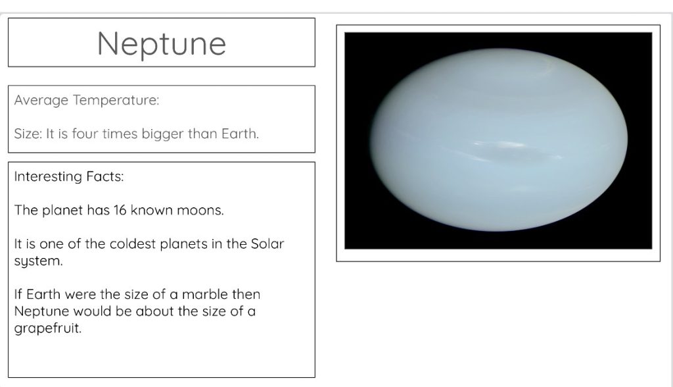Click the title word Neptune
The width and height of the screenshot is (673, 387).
pyautogui.click(x=162, y=44)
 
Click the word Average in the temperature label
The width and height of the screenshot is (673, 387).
pyautogui.click(x=41, y=101)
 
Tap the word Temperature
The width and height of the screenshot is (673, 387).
pyautogui.click(x=116, y=101)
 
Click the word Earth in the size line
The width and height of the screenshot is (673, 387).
pyautogui.click(x=240, y=134)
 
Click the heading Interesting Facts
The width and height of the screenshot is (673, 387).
pyautogui.click(x=69, y=176)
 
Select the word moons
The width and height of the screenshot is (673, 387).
pyautogui.click(x=200, y=211)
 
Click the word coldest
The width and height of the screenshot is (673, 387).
pyautogui.click(x=133, y=244)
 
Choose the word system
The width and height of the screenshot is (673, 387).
pyautogui.click(x=38, y=261)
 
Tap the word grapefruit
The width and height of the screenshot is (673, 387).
pyautogui.click(x=47, y=328)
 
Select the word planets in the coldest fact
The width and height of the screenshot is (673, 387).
pyautogui.click(x=184, y=244)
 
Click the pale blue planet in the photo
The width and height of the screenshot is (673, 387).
pyautogui.click(x=499, y=140)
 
